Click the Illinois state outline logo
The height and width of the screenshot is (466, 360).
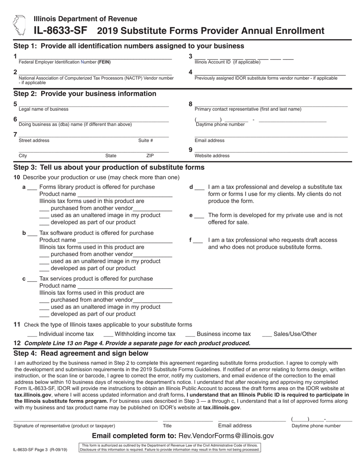[x=19, y=25]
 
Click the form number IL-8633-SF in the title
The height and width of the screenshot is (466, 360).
[x=52, y=31]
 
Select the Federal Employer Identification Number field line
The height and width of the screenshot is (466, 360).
[x=95, y=58]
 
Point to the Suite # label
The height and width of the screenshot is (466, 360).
[x=146, y=141]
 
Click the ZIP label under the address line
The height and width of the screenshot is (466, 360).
[x=150, y=156]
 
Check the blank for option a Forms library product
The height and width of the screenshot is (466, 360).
[x=32, y=188]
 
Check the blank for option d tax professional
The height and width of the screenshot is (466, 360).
[x=199, y=188]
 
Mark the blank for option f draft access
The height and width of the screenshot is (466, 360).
[x=198, y=241]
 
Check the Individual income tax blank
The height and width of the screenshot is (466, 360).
[x=32, y=335]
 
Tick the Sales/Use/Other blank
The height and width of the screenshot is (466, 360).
[x=267, y=335]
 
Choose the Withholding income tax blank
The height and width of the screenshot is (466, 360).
[x=108, y=335]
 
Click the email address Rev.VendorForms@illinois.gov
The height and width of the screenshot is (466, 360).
[x=226, y=436]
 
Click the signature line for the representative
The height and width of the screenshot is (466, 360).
[x=85, y=420]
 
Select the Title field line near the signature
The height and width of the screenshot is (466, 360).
[x=188, y=420]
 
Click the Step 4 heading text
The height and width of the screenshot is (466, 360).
[x=81, y=353]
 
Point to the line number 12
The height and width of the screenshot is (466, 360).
[x=17, y=343]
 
